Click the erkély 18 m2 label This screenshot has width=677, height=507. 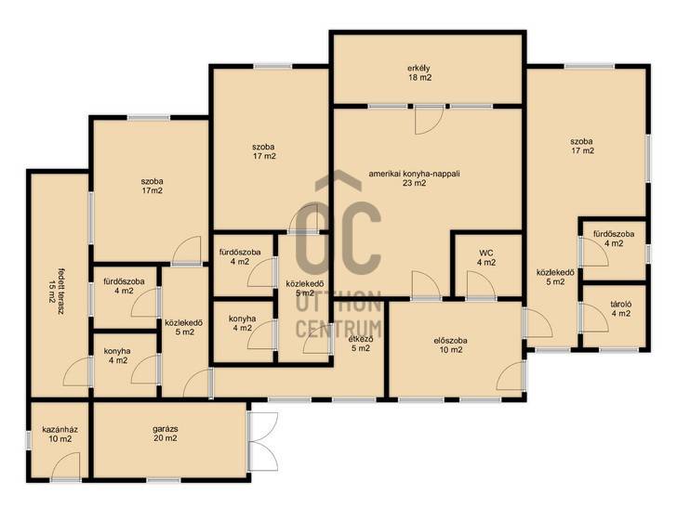[x=419, y=72]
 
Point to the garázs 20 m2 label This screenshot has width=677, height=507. [x=166, y=434]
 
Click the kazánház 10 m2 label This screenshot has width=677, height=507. [x=60, y=435]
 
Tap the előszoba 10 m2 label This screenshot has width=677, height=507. [x=451, y=344]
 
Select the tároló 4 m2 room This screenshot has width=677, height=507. [x=614, y=315]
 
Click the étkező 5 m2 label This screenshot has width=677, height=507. [x=361, y=344]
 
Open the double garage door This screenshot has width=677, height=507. [x=263, y=441]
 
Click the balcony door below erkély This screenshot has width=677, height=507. [x=430, y=121]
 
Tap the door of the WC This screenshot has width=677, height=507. [x=481, y=285]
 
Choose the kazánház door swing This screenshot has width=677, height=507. [x=66, y=467]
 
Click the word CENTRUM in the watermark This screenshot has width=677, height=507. [x=338, y=329]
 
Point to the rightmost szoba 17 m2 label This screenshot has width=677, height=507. [x=581, y=146]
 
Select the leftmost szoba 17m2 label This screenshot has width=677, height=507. [x=152, y=186]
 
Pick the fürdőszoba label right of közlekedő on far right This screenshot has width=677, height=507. [x=614, y=239]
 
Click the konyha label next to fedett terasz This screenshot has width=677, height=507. [x=117, y=356]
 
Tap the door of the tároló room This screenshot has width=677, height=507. [x=594, y=318]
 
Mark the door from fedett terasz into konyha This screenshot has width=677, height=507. [x=78, y=371]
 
